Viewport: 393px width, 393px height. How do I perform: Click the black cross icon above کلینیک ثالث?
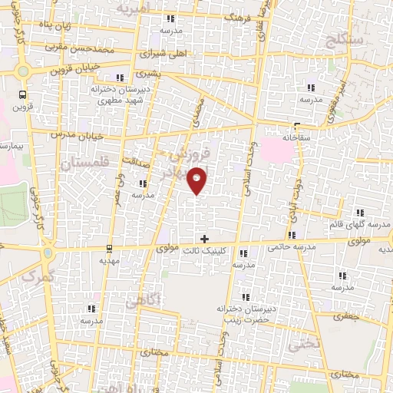[x=204, y=239]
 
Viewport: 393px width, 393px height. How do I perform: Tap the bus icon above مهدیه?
[x=111, y=248]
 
